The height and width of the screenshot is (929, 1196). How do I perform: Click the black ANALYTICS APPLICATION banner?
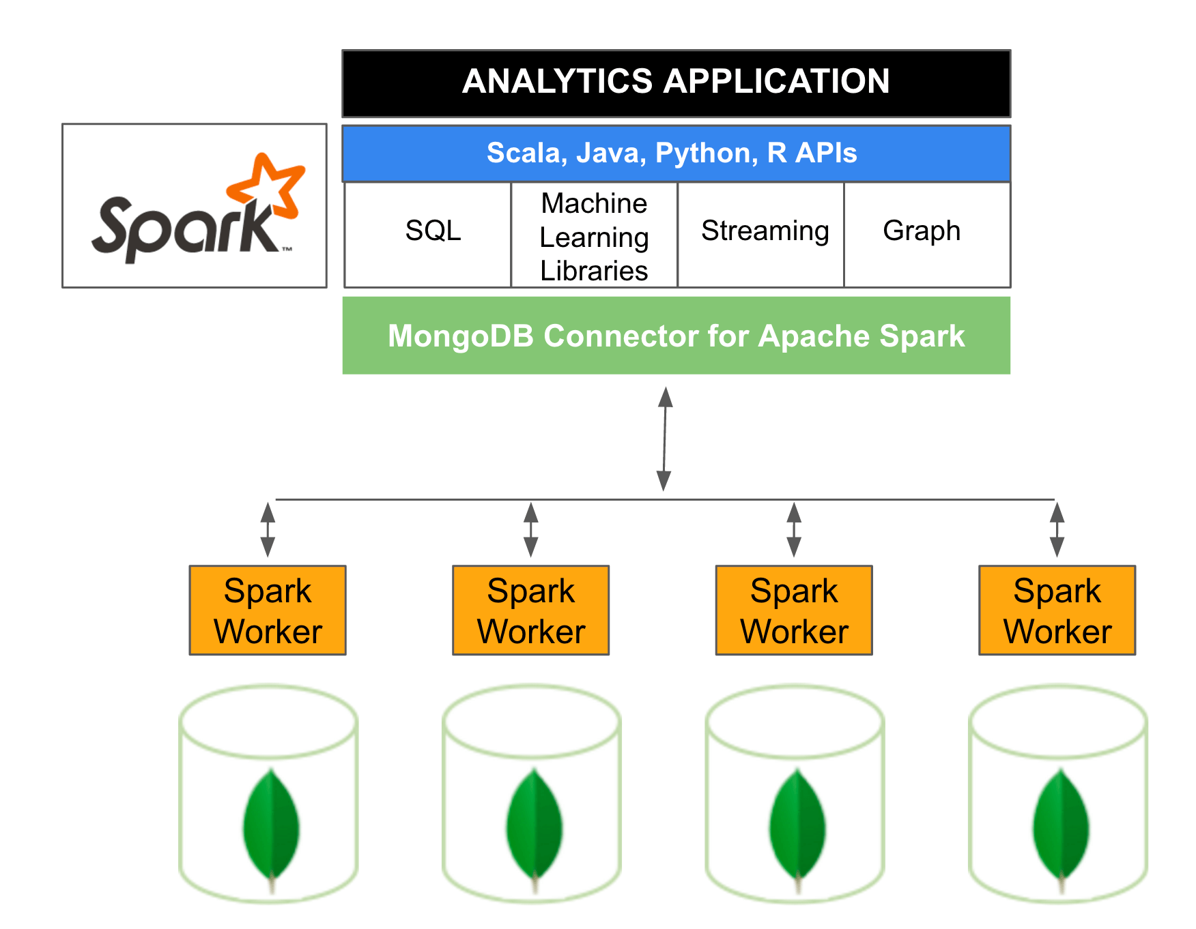pyautogui.click(x=676, y=83)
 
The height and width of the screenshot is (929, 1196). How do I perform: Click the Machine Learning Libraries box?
pyautogui.click(x=594, y=236)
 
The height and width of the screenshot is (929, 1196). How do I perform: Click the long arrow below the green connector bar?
pyautogui.click(x=664, y=439)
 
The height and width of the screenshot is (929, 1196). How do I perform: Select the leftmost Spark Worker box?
pyautogui.click(x=268, y=610)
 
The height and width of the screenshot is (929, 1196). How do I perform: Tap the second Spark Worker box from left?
pyautogui.click(x=531, y=610)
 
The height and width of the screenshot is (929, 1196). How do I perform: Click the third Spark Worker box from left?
pyautogui.click(x=794, y=610)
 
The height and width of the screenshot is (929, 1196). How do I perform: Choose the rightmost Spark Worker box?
pyautogui.click(x=1057, y=610)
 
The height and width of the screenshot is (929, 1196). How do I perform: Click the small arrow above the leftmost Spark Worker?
pyautogui.click(x=268, y=530)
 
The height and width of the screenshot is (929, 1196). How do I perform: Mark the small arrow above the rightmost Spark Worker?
pyautogui.click(x=1057, y=530)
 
